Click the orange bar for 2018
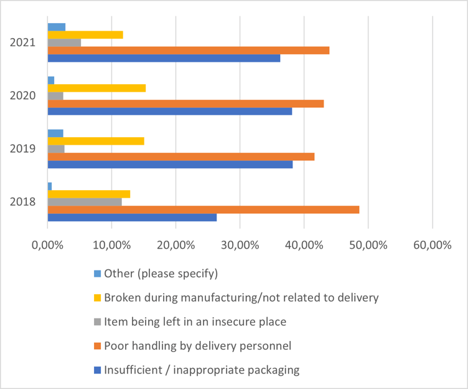[x=204, y=209]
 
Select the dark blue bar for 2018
[x=133, y=218]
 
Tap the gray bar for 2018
[x=85, y=202]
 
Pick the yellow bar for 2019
[x=96, y=141]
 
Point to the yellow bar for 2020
[x=96, y=88]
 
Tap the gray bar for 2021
[x=64, y=42]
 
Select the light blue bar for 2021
[x=57, y=27]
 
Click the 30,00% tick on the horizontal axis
[x=240, y=245]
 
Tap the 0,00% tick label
[x=47, y=245]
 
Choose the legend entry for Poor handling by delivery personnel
[x=197, y=345]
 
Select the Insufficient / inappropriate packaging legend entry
[x=202, y=370]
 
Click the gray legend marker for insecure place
[x=96, y=322]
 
